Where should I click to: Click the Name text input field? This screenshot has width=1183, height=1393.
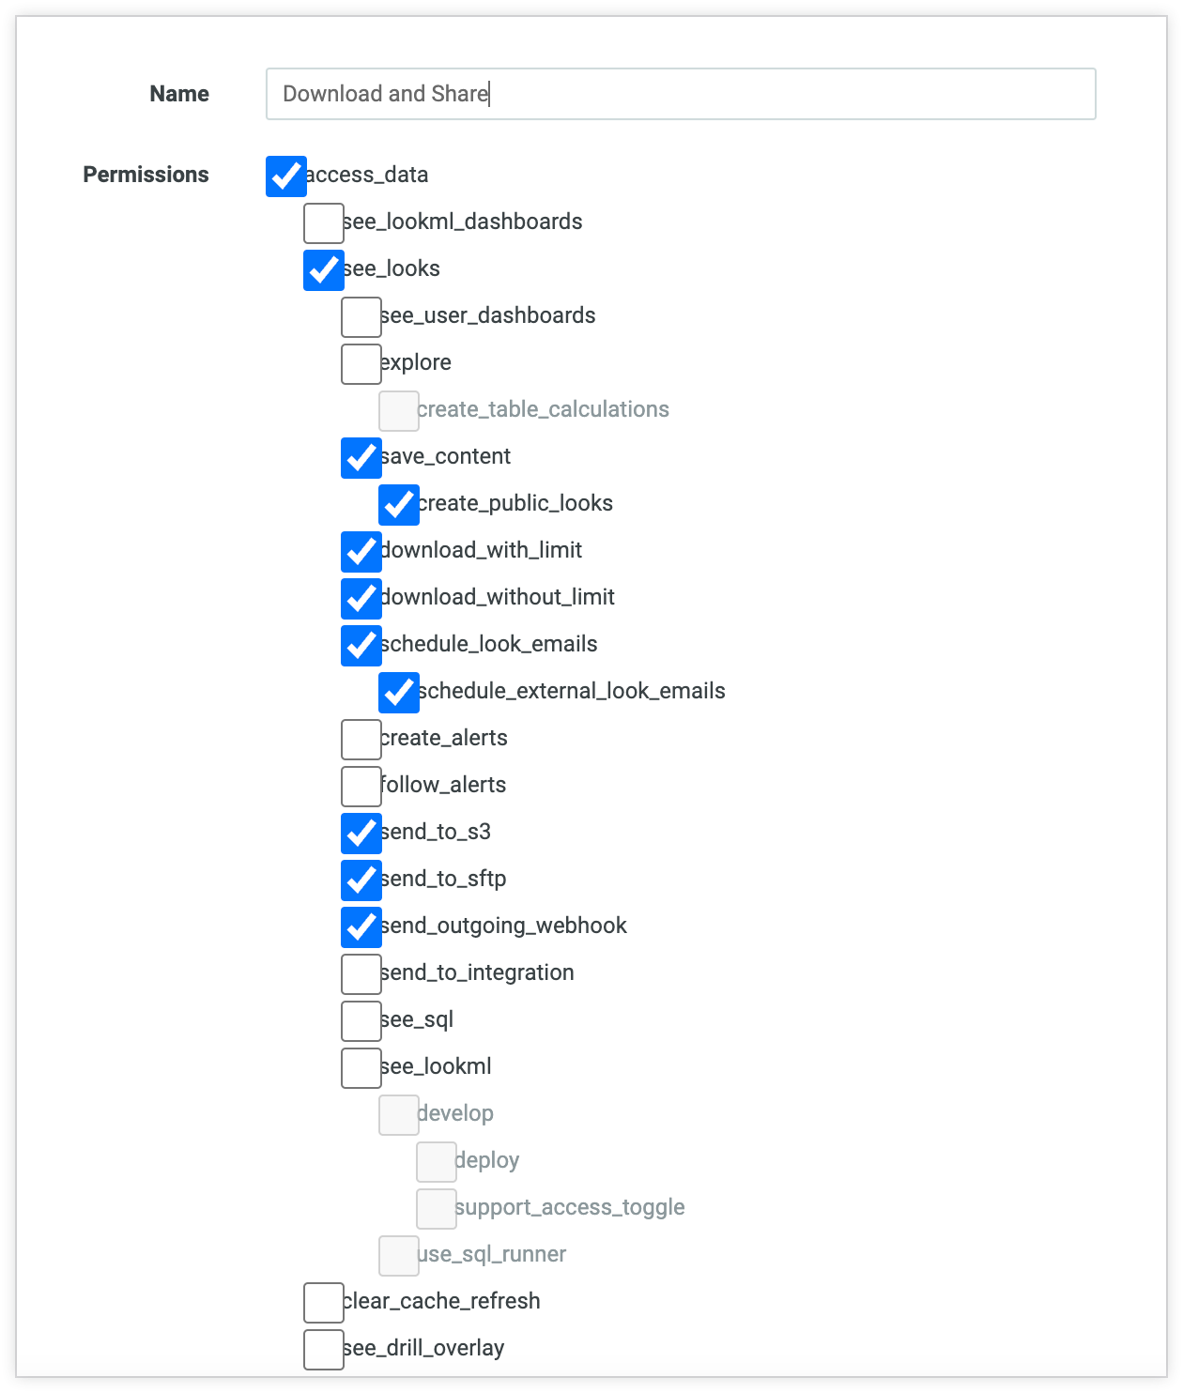pos(680,94)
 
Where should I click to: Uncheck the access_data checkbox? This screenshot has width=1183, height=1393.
pos(286,176)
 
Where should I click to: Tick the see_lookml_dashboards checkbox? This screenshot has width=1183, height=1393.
pos(324,223)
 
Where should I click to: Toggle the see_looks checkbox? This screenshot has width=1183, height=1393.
pos(324,270)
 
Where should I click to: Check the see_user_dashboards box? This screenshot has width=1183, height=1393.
pos(361,317)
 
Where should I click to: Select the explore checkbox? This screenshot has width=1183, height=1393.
pos(361,364)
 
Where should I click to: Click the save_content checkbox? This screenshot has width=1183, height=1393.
pos(361,458)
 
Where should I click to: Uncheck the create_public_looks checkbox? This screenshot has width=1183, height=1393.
pos(399,505)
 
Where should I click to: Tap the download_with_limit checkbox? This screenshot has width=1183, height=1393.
pos(361,552)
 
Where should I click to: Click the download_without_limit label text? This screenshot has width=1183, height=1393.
pos(498,597)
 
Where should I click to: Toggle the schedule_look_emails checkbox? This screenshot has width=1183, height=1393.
pos(361,646)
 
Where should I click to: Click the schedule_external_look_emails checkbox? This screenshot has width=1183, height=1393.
pos(399,693)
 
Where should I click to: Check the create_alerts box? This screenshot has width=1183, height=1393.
pos(361,740)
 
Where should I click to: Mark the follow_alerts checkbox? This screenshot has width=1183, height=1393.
pos(361,787)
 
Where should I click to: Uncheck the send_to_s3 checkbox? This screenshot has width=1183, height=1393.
pos(361,834)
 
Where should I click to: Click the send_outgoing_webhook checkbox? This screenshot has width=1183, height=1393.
pos(361,927)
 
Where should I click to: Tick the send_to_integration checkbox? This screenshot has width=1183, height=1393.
pos(361,974)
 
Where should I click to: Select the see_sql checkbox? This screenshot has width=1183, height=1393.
pos(361,1021)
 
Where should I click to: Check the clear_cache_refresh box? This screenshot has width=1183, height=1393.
pos(324,1303)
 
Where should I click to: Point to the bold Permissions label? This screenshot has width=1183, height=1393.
pos(146,175)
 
